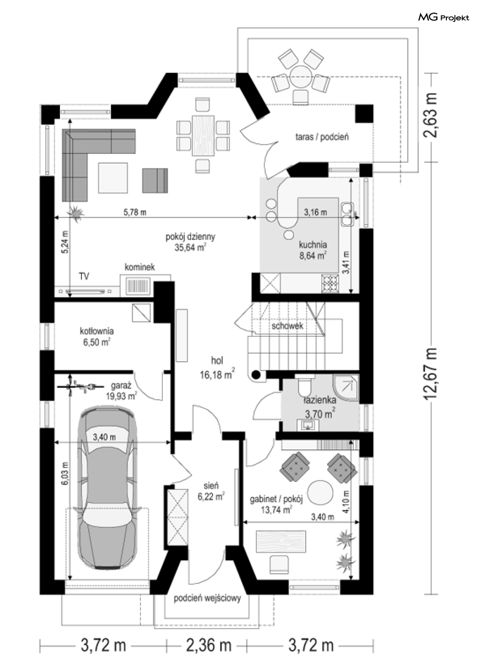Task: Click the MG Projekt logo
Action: [x=444, y=18]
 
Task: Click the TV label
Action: [x=84, y=276]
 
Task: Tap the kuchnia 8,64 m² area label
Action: [x=313, y=250]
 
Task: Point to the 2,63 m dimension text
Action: [x=430, y=115]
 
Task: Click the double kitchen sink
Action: [x=347, y=214]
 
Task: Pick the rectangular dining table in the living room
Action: [x=204, y=135]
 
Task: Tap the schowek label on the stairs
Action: [x=287, y=326]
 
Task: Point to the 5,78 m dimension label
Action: [x=135, y=212]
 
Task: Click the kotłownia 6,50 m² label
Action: [x=97, y=337]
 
